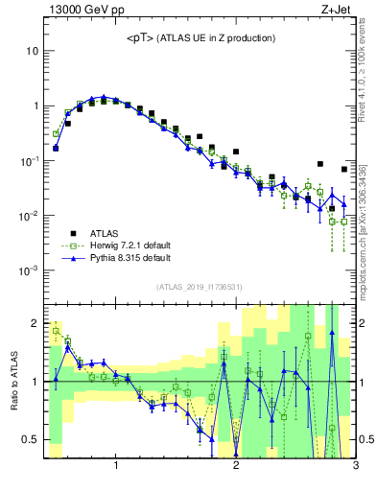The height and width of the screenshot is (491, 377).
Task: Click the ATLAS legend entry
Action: point(106,233)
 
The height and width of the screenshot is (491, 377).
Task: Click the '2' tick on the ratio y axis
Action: point(35,321)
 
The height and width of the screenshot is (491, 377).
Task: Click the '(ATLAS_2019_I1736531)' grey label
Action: point(200,287)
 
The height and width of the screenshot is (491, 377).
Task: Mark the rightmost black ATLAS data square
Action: point(344,170)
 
